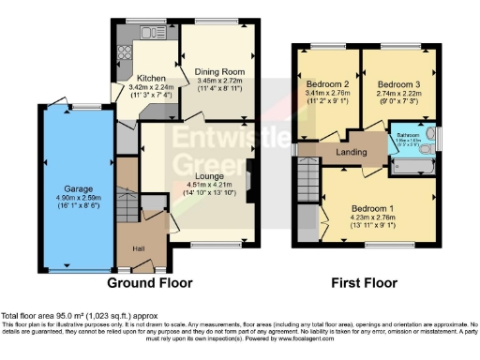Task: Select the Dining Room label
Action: [218, 71]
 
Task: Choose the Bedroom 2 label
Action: [325, 84]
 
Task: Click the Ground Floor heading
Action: [150, 282]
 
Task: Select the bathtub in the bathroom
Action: [412, 165]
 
